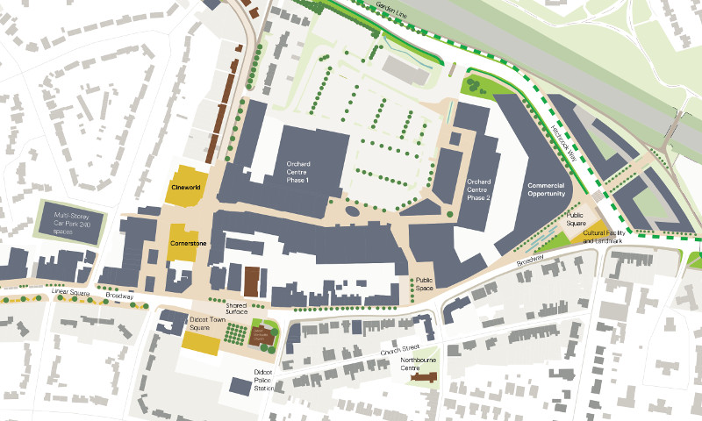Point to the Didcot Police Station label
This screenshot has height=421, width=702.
pos(264,380)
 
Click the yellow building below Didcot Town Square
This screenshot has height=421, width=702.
pos(201,343)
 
